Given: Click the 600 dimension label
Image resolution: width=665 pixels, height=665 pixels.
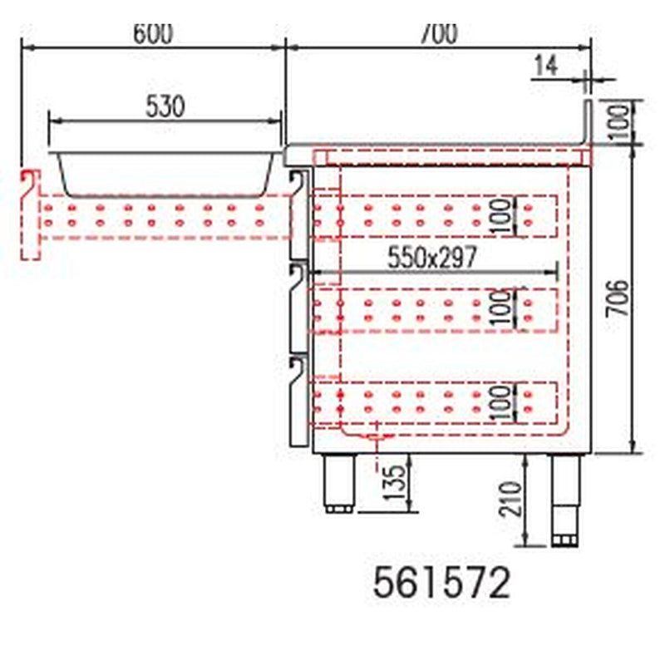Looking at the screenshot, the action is pos(153,33).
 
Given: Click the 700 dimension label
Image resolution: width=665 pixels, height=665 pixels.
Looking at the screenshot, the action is pos(439,33).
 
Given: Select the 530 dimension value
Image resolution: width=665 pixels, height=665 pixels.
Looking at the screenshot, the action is pos(165,106).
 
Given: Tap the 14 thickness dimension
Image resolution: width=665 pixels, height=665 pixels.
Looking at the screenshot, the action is pos(546,66).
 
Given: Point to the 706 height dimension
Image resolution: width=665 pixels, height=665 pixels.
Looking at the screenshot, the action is pos(618,298).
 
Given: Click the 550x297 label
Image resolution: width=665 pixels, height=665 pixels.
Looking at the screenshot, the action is pos(432,257).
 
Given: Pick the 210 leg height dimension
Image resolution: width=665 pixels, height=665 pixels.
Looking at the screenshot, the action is pos(510,499).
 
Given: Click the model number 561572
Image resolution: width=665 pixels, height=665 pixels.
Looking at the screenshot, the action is pos(441,584).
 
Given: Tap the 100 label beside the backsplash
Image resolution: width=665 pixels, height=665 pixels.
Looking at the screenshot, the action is pos(619,123).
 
